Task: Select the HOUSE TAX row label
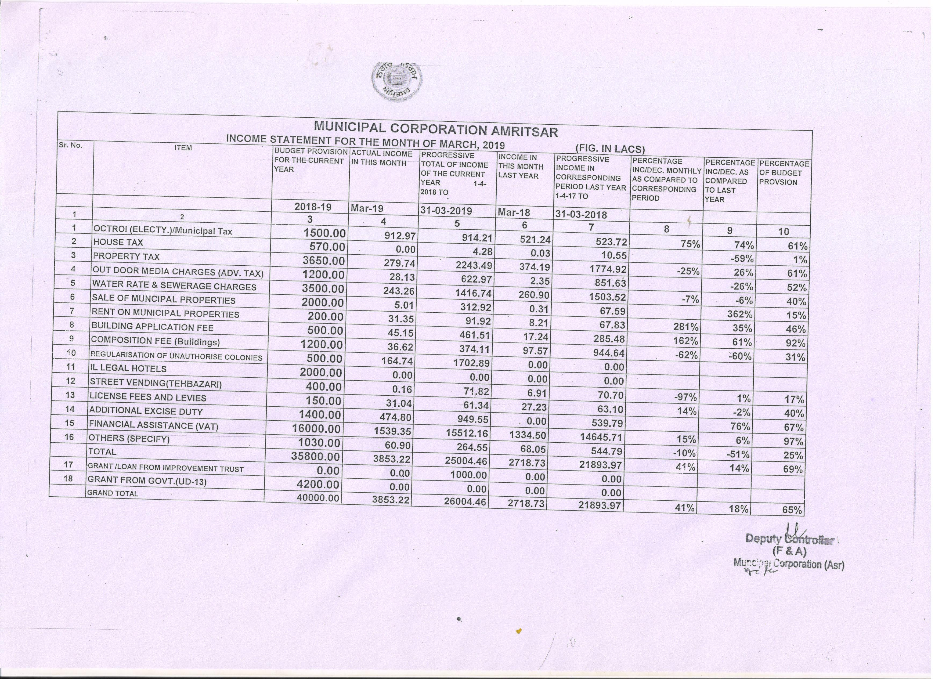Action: coord(118,242)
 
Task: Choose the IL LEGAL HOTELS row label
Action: coord(128,368)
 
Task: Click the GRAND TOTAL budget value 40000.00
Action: coord(318,497)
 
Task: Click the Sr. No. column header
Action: coord(71,145)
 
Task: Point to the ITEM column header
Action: coord(183,148)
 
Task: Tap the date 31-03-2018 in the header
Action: coord(581,215)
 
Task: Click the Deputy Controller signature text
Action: coord(789,539)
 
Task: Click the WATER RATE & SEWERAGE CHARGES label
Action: coord(174,286)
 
